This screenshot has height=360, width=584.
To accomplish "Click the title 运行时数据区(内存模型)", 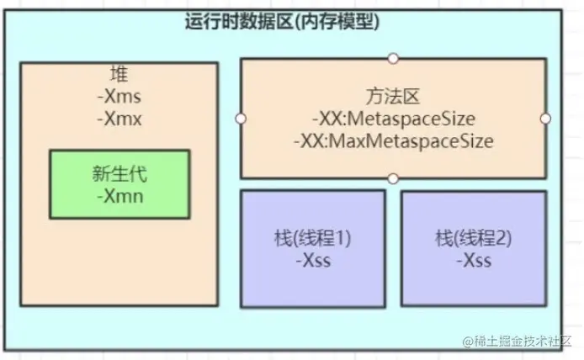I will tap(282, 23).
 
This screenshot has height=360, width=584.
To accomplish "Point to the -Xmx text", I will tap(119, 118).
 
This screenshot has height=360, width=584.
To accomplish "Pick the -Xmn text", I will tap(119, 199).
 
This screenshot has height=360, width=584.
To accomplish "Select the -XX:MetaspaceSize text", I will tap(393, 118).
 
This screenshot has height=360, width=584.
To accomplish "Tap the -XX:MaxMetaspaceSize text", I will tap(393, 140).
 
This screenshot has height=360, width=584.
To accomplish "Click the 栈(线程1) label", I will tap(313, 237).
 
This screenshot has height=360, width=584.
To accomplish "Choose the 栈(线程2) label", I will tap(473, 237).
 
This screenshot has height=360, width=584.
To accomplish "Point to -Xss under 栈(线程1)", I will tap(313, 260).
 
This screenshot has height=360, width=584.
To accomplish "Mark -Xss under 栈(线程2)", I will tap(473, 260).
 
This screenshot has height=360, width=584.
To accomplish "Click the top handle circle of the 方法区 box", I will tap(393, 58).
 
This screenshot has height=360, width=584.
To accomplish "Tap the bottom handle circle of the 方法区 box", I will tap(393, 178).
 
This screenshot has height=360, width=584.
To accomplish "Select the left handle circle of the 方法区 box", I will tap(242, 118).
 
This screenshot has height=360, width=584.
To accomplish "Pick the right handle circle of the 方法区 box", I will tap(545, 118).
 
